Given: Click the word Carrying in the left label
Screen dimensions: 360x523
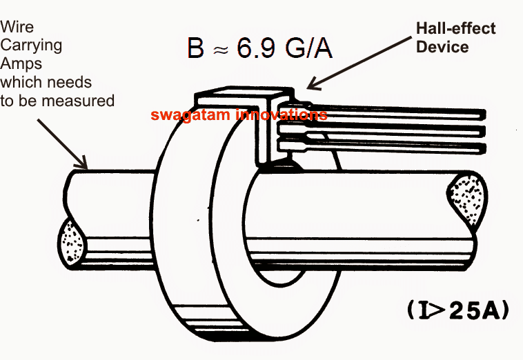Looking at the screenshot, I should click(x=31, y=46).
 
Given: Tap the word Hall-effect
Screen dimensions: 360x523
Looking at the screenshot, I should click(x=455, y=28).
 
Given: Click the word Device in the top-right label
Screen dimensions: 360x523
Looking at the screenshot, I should click(x=442, y=46).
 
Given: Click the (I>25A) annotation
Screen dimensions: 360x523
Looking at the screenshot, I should click(x=457, y=311).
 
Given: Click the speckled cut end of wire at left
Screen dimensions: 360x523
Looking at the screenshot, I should click(x=70, y=244).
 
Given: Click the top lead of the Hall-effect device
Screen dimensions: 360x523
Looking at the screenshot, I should click(x=400, y=112).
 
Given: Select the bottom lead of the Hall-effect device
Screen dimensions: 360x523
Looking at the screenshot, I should click(x=400, y=147).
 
